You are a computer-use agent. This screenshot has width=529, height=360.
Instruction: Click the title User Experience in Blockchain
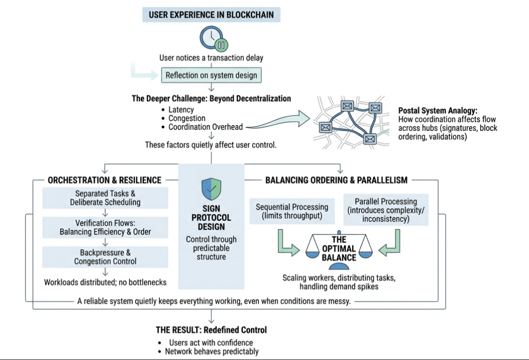tap(211, 14)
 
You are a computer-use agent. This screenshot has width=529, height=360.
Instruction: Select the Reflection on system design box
tap(211, 75)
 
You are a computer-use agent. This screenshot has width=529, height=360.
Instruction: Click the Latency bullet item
tap(181, 110)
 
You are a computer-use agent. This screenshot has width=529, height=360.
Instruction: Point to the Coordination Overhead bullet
tap(206, 127)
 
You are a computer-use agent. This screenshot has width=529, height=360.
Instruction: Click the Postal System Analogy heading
tap(438, 111)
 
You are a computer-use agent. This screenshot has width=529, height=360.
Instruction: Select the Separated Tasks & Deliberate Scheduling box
tap(105, 198)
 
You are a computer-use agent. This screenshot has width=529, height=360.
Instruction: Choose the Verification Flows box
tap(105, 227)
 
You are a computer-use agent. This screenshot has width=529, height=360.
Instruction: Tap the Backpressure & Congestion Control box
tap(105, 257)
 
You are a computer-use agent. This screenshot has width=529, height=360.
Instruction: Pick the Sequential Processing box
tap(292, 211)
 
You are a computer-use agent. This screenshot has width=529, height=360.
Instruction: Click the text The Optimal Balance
tap(339, 248)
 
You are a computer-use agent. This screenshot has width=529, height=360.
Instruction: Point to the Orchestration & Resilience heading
tap(105, 180)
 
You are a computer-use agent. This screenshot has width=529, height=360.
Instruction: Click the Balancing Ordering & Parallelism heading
tap(336, 180)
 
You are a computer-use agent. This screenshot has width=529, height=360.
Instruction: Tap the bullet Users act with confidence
tap(211, 343)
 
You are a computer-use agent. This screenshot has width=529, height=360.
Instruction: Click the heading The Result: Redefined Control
tap(212, 330)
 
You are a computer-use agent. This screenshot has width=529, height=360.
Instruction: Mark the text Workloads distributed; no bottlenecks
tap(105, 283)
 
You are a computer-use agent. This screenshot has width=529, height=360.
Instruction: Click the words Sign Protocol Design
tap(211, 218)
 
